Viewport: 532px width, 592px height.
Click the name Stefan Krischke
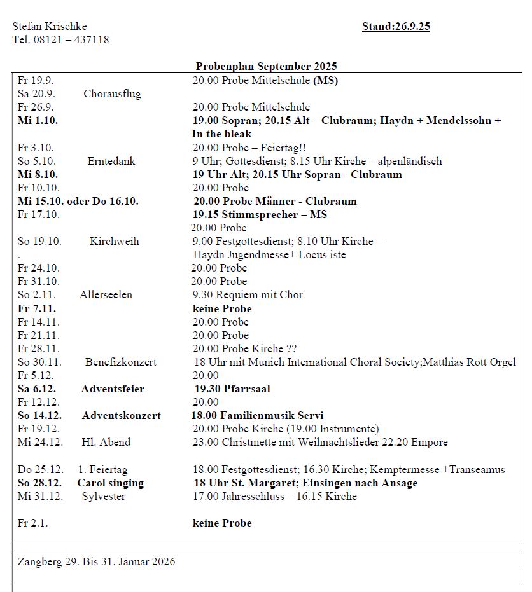tap(50, 26)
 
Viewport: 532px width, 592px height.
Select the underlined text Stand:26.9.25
tap(396, 26)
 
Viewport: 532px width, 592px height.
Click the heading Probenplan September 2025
tap(266, 66)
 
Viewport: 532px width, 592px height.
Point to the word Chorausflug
tap(112, 93)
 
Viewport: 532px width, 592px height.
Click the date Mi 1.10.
tap(38, 120)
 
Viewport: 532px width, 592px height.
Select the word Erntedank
tap(111, 161)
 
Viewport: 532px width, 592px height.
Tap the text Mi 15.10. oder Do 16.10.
tap(78, 201)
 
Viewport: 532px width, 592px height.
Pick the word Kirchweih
tap(115, 241)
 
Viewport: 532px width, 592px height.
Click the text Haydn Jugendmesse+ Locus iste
tap(269, 254)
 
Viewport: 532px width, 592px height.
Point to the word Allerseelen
tap(106, 294)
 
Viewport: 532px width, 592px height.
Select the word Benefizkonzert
tap(121, 362)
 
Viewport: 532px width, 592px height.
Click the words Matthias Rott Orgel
tap(469, 362)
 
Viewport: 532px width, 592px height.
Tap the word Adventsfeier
tap(113, 389)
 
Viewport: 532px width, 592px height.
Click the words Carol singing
tap(111, 483)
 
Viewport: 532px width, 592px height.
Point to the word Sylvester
tap(104, 496)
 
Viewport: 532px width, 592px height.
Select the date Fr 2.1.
tap(32, 523)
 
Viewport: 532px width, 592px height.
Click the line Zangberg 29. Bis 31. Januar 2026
tap(96, 561)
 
